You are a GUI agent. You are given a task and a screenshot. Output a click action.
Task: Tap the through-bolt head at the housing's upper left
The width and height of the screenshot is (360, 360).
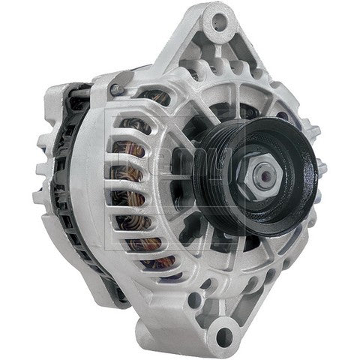(114, 90)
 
